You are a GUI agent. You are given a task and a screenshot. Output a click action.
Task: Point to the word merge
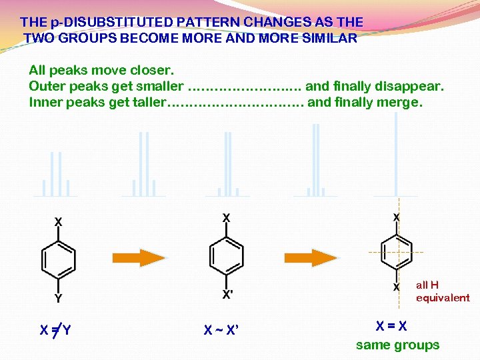[402, 102]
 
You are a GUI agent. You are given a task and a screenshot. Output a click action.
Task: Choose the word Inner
[45, 102]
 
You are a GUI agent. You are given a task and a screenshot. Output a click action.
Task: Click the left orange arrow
[139, 257]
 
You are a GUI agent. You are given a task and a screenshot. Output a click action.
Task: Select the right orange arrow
[311, 257]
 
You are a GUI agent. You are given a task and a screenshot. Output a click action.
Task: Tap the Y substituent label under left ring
[59, 298]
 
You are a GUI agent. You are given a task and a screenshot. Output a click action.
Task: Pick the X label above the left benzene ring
[59, 221]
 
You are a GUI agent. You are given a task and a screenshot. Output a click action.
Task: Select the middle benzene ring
[227, 255]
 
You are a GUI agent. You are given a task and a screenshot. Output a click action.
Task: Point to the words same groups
[397, 345]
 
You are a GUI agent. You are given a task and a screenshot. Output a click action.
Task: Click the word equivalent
[443, 297]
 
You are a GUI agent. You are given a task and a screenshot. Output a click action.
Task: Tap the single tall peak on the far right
[396, 153]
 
